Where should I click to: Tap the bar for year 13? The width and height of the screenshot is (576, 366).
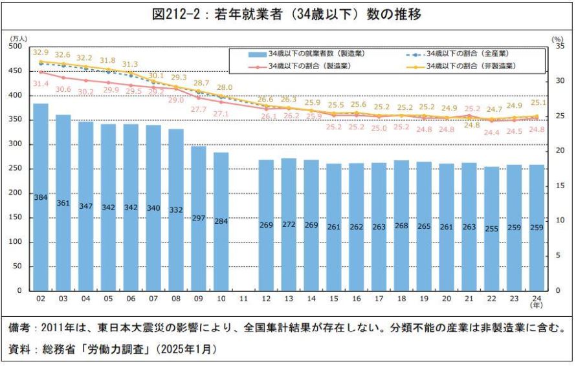point(289,233)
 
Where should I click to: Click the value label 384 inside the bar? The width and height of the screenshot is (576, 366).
point(41,197)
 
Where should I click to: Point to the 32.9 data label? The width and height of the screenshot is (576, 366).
point(41,52)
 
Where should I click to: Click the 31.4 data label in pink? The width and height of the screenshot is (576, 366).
point(41,83)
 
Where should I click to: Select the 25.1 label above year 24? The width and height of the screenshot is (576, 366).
point(537,102)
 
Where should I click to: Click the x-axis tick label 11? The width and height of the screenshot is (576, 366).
point(243,300)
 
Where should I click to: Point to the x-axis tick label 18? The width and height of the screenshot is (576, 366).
point(401,300)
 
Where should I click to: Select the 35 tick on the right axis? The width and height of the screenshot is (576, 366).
point(557,47)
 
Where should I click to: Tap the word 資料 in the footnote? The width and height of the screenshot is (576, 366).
point(19,349)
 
